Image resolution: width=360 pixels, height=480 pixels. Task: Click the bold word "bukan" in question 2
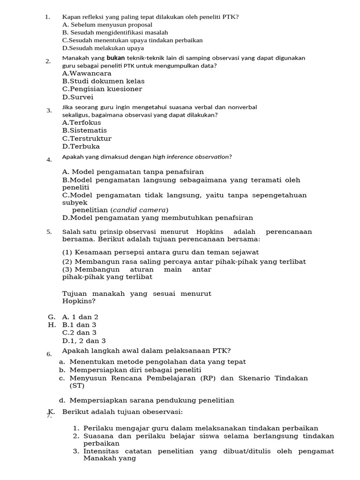click(116, 58)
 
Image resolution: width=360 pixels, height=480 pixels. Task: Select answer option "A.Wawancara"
click(87, 73)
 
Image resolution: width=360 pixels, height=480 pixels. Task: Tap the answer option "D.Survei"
click(78, 97)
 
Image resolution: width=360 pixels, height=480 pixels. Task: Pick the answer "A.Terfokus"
click(82, 122)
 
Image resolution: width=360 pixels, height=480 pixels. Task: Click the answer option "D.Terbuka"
click(81, 146)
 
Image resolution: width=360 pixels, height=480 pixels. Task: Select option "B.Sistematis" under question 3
click(84, 130)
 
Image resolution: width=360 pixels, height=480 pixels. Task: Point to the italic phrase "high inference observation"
click(191, 157)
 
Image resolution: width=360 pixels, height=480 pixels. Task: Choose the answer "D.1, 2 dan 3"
click(84, 341)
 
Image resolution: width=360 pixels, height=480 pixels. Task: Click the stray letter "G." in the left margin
click(52, 317)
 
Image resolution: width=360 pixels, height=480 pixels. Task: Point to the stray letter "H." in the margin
click(52, 325)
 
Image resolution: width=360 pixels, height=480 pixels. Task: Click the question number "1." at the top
click(47, 17)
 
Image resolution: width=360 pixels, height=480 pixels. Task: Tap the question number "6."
click(49, 354)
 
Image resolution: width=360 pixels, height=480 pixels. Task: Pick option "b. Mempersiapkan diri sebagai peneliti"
click(130, 370)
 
